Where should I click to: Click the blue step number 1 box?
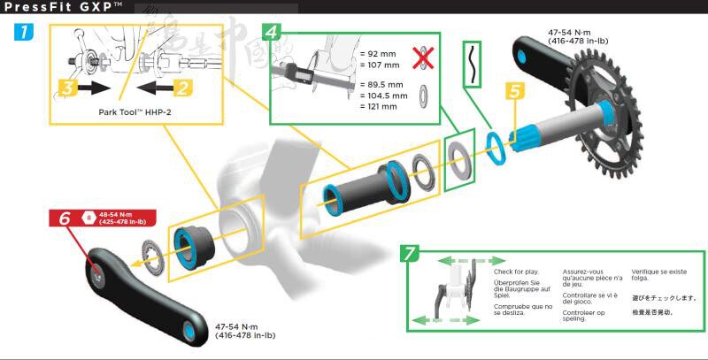[x=26, y=34]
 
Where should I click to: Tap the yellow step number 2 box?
[x=181, y=87]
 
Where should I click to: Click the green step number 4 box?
[x=274, y=34]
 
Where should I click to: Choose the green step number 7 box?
[x=409, y=254]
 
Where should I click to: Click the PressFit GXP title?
[x=58, y=7]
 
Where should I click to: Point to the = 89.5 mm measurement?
[x=382, y=85]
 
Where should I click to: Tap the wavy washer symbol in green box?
[x=474, y=65]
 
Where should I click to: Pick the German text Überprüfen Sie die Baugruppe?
[x=517, y=288]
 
